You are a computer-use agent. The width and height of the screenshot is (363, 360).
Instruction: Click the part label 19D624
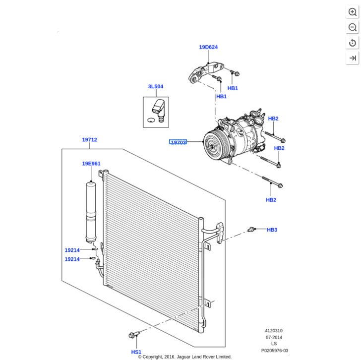208,47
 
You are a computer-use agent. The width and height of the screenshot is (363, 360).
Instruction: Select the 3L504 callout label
155,87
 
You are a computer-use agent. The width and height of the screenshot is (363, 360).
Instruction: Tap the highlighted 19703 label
178,142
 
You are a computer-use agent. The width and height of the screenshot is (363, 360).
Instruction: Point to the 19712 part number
90,140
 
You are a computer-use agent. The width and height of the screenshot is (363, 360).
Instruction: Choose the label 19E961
91,163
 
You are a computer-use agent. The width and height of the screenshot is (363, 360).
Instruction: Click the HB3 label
272,230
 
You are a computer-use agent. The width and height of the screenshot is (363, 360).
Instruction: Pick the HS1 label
136,352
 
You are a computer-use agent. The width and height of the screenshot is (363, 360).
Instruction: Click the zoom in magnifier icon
353,12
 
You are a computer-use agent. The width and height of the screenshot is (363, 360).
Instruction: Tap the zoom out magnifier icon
353,27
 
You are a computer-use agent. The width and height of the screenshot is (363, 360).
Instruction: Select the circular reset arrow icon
353,43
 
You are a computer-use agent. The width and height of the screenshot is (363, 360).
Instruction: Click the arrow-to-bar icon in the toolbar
353,58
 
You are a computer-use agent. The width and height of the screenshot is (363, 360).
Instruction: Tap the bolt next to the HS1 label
133,336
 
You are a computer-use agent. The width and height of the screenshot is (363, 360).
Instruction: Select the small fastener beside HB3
252,229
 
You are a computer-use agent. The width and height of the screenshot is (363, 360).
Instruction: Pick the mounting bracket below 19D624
204,71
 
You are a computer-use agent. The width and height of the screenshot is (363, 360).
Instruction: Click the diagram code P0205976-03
274,350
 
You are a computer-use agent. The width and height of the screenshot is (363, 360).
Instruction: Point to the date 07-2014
274,337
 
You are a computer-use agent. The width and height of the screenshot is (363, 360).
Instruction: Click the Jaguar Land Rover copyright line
184,357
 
